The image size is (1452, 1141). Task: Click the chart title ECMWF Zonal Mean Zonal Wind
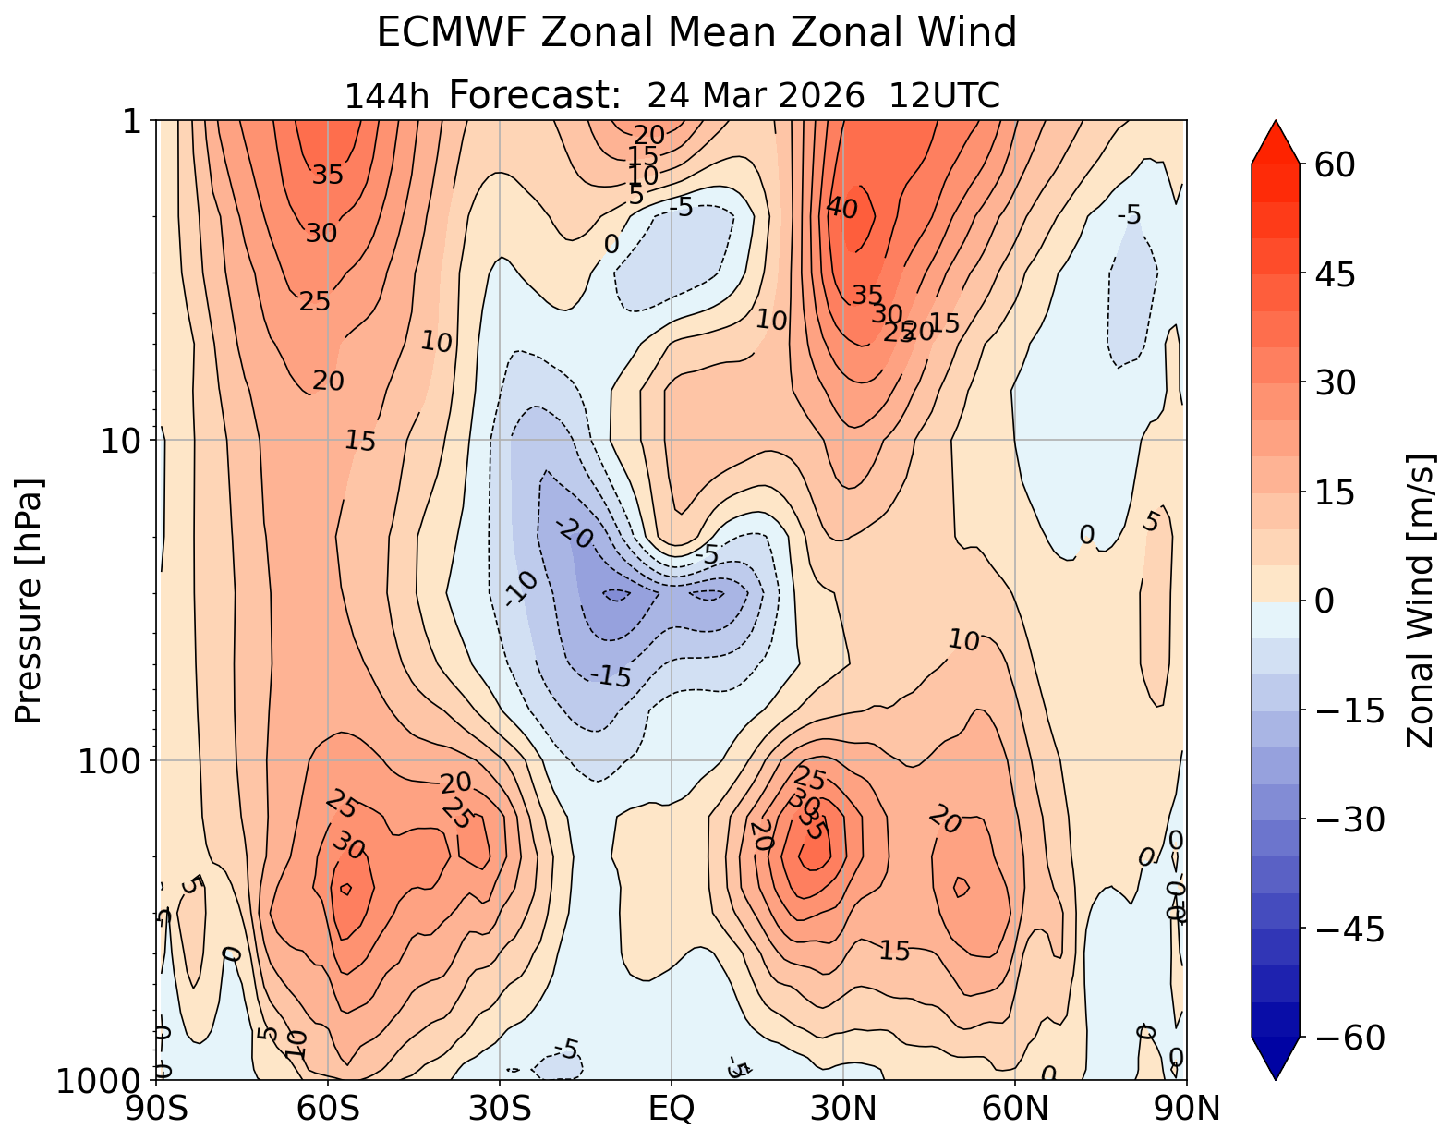[x=696, y=34]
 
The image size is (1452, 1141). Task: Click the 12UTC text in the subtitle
[x=944, y=96]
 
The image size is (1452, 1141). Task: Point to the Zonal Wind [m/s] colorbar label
[x=1420, y=601]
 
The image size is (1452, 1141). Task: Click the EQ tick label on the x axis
[x=672, y=1108]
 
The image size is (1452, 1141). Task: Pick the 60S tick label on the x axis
[x=328, y=1108]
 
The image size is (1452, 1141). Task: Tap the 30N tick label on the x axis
[x=843, y=1108]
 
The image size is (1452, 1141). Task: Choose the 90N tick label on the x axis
[x=1186, y=1108]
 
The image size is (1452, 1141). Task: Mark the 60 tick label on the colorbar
[x=1331, y=164]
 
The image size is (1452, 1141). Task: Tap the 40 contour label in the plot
[x=841, y=209]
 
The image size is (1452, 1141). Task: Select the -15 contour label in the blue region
[x=610, y=677]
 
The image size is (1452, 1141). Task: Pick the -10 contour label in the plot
[x=522, y=589]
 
